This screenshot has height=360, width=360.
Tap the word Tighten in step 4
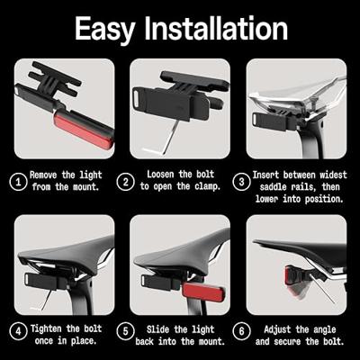coord(49,329)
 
